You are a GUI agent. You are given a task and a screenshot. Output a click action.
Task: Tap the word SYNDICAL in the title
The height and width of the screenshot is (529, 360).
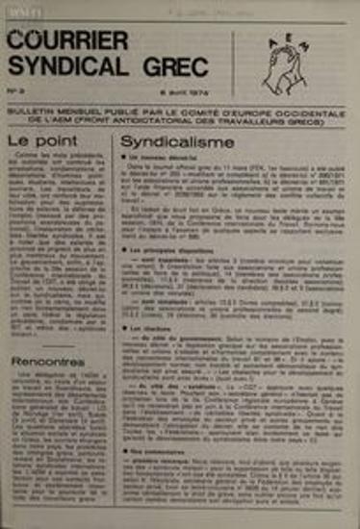(x=61, y=66)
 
